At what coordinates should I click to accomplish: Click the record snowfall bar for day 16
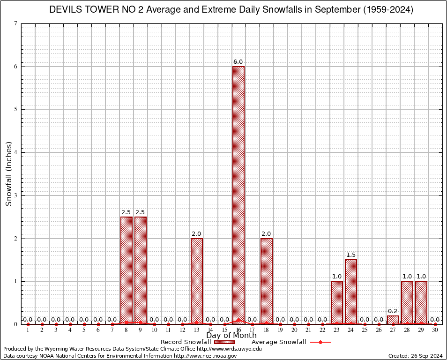click(238, 195)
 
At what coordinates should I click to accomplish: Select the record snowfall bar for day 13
click(196, 281)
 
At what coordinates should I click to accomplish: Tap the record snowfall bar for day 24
click(350, 291)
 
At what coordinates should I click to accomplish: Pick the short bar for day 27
click(393, 320)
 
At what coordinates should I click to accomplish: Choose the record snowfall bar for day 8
click(126, 270)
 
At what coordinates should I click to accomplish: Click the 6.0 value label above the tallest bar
click(238, 62)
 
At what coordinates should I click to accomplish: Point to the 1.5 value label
click(350, 255)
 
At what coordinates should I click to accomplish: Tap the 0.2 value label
click(393, 311)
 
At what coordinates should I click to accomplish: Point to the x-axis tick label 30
click(435, 330)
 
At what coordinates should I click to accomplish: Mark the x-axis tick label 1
click(28, 330)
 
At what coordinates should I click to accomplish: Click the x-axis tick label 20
click(294, 330)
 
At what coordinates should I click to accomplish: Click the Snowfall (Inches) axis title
click(8, 173)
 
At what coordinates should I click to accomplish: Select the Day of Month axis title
click(231, 336)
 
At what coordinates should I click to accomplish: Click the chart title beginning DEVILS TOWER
click(231, 10)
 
